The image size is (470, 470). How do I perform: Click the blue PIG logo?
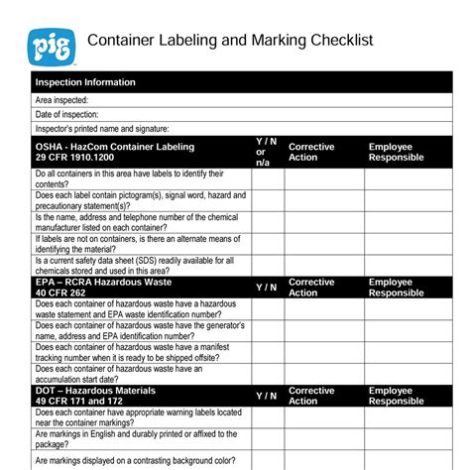[x=51, y=44]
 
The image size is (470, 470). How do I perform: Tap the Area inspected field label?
[x=61, y=100]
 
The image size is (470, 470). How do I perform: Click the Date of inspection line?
[x=67, y=114]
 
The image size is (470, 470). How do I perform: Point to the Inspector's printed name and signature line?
[x=102, y=128]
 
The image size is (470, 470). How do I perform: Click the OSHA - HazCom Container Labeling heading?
[x=115, y=147]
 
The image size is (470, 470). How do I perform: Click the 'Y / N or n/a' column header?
[x=266, y=152]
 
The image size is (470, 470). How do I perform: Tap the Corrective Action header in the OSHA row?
[x=311, y=152]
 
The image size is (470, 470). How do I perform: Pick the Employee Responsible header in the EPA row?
[x=396, y=288]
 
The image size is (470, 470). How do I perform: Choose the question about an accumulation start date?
[x=119, y=374]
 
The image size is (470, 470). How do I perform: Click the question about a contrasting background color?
[x=135, y=460]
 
